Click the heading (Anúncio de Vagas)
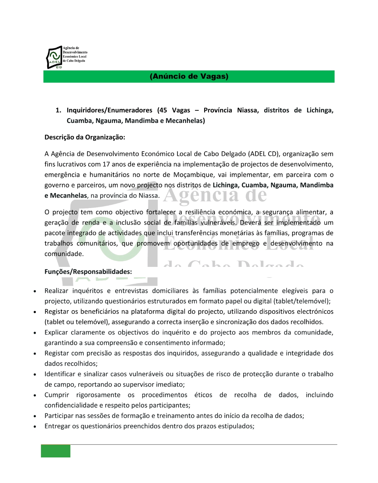pyautogui.click(x=189, y=76)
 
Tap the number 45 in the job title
pyautogui.click(x=163, y=110)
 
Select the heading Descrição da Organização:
pyautogui.click(x=85, y=137)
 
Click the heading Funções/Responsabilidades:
pyautogui.click(x=88, y=271)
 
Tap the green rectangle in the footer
pyautogui.click(x=56, y=451)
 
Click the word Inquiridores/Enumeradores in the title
pyautogui.click(x=110, y=110)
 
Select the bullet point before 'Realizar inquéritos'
pyautogui.click(x=35, y=291)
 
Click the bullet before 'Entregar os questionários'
pyautogui.click(x=35, y=426)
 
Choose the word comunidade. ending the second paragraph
pyautogui.click(x=64, y=254)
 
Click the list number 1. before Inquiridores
pyautogui.click(x=58, y=110)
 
